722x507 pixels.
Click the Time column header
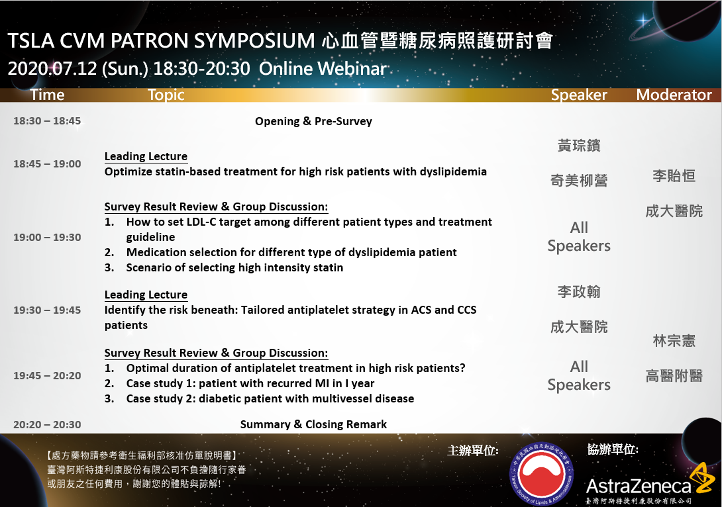coord(48,95)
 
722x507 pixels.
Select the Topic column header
coord(166,95)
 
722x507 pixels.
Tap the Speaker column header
coord(579,95)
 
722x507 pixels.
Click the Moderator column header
coord(674,95)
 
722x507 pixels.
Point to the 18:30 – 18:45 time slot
coord(47,121)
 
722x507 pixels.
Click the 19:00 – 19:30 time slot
coord(47,238)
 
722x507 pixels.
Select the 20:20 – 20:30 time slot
coord(47,425)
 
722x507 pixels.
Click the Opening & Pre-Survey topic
coord(313,122)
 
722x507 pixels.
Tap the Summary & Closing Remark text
coord(313,424)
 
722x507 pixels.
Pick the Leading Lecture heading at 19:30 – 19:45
coord(146,295)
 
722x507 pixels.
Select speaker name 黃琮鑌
coord(579,146)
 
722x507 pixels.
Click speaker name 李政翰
coord(579,292)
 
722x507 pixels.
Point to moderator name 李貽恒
coord(674,176)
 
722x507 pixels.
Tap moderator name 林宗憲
coord(674,341)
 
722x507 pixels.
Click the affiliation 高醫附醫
coord(674,376)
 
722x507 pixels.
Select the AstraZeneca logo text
coord(639,486)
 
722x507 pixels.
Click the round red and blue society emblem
coord(542,474)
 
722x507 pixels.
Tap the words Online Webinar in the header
coord(323,69)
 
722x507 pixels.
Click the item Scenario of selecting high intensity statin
coord(235,268)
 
